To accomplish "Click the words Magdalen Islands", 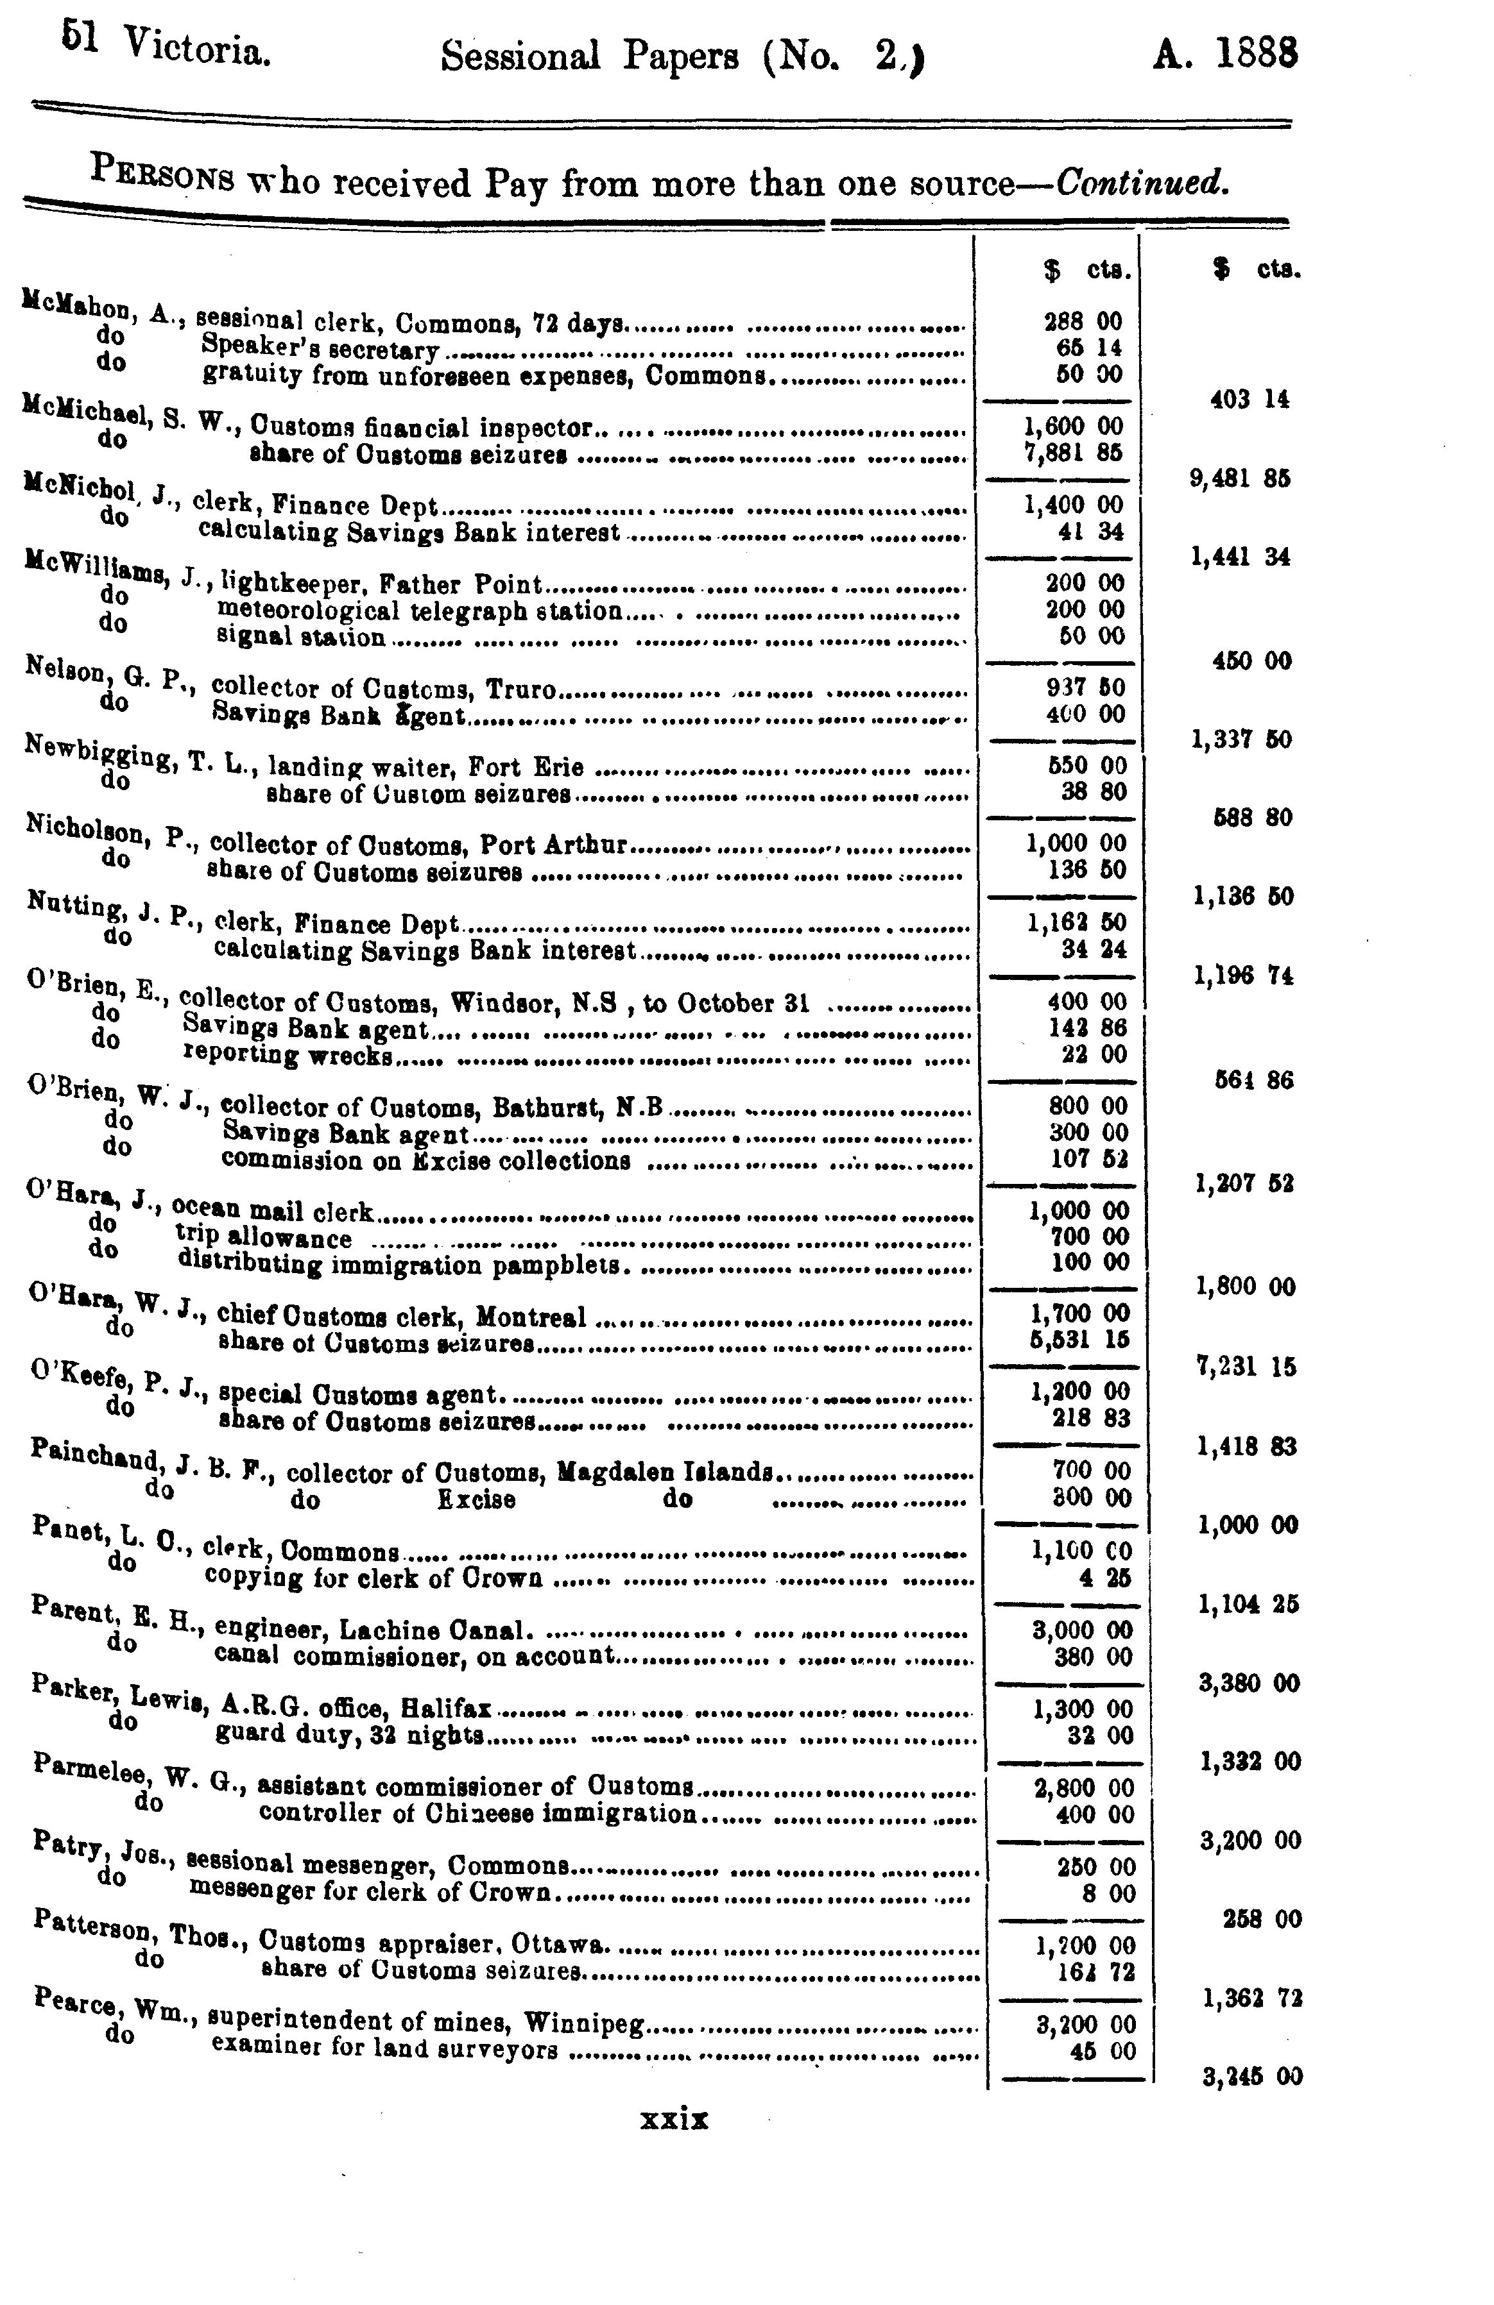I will [x=665, y=1473].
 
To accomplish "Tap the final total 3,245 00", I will [x=1251, y=2075].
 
